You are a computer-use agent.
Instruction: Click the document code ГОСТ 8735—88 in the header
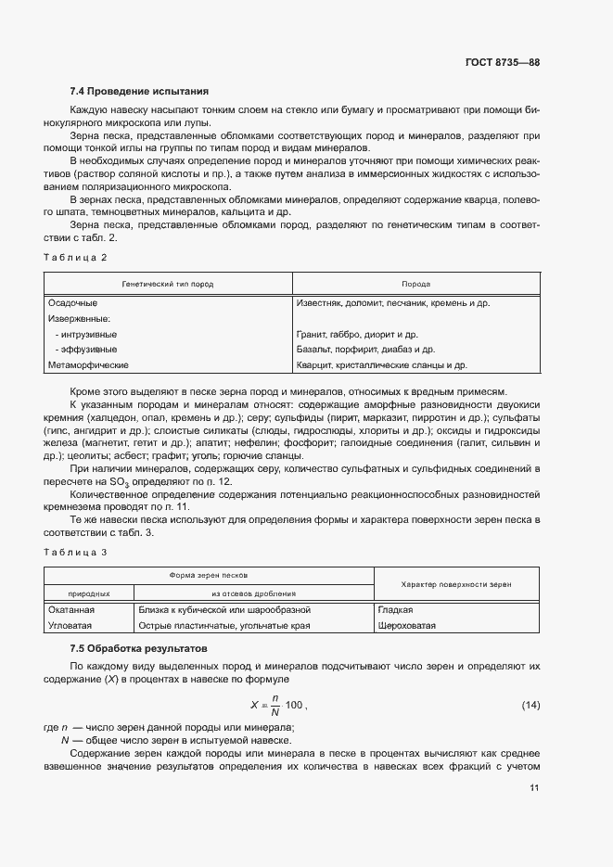[502, 63]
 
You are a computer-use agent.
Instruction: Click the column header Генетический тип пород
[168, 285]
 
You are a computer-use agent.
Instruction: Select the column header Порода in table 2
[415, 285]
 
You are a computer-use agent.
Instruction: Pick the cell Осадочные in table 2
[72, 303]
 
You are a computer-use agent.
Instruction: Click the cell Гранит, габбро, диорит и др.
[357, 334]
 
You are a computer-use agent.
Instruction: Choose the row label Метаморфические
[88, 365]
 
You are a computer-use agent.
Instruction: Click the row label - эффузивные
[86, 350]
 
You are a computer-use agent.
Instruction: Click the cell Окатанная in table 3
[71, 610]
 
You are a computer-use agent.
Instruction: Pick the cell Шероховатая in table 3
[407, 626]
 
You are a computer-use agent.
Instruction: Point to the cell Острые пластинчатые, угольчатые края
[223, 626]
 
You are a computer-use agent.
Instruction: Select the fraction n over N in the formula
[274, 707]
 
